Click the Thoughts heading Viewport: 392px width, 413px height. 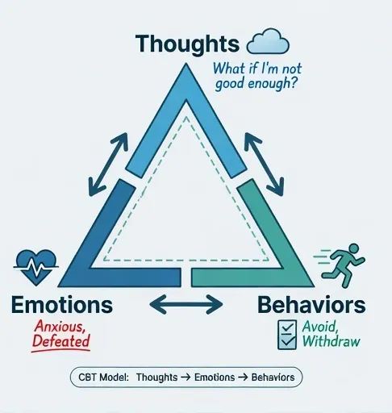(x=187, y=44)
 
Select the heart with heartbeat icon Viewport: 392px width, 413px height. (x=36, y=267)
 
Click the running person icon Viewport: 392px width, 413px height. (x=340, y=265)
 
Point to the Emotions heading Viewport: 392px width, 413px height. (x=62, y=305)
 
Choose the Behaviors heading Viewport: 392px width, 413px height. (x=311, y=305)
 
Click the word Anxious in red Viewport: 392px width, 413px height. (x=60, y=327)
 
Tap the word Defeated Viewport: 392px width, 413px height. (x=61, y=341)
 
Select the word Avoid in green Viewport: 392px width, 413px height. (x=320, y=327)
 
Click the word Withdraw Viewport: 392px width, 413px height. (x=332, y=341)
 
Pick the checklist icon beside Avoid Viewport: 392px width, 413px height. (x=287, y=335)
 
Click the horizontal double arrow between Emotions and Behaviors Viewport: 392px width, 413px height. (x=186, y=305)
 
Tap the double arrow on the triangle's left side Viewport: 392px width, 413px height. (x=108, y=165)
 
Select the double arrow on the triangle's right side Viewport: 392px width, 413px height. (x=264, y=165)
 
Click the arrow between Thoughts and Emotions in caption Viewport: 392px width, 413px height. (x=186, y=378)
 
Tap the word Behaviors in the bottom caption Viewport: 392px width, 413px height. (x=273, y=377)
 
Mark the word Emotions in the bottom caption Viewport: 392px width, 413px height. (x=215, y=377)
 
